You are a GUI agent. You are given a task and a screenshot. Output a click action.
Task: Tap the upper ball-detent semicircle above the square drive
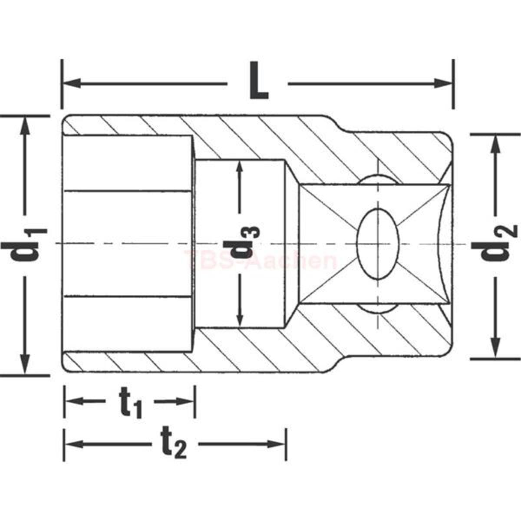[x=377, y=179]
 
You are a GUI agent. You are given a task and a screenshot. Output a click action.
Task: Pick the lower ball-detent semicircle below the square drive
[x=377, y=308]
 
